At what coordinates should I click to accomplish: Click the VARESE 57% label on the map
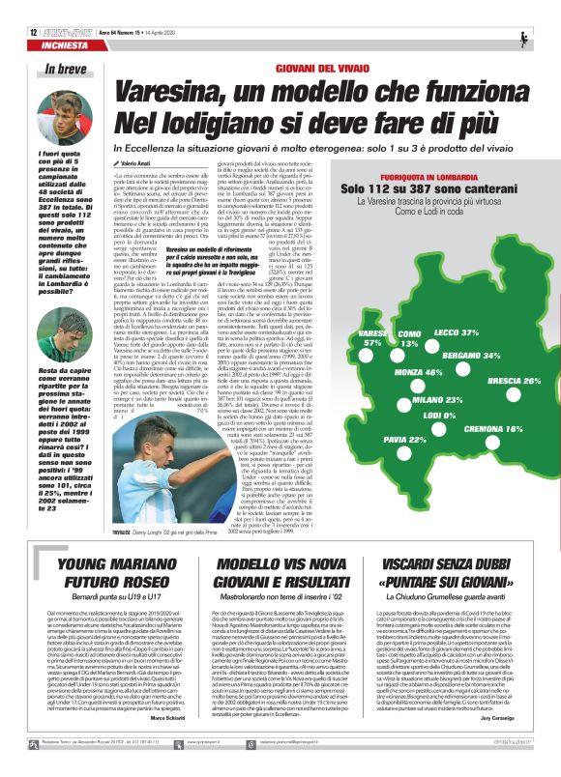pos(371,338)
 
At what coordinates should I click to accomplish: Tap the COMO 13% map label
pos(409,338)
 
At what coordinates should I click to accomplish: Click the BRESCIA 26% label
pos(513,381)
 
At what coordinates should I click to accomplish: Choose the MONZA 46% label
pos(420,372)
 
